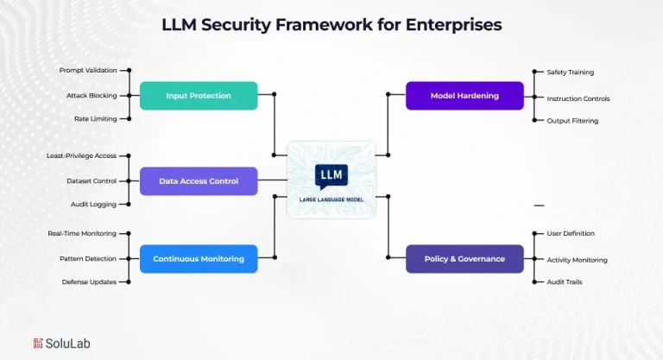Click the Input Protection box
coord(199,96)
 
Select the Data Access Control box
coord(199,181)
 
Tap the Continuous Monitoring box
coord(199,258)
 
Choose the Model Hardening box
coord(464,96)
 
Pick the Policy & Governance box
coord(464,258)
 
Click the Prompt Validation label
coord(88,70)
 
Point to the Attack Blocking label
coord(92,95)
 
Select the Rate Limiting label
coord(95,118)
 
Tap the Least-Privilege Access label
coord(81,155)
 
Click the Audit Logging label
coord(93,205)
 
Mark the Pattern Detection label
coord(88,258)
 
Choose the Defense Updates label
coord(89,281)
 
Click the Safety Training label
coord(571,73)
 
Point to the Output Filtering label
coord(572,121)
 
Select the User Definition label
coord(571,233)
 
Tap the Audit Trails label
coord(565,281)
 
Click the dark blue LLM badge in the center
coord(331,175)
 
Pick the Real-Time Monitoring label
coord(82,233)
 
